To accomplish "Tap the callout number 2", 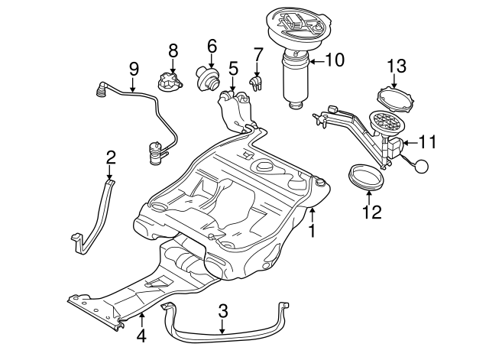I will (x=111, y=157).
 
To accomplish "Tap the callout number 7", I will (x=257, y=55).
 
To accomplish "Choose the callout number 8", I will (x=173, y=50).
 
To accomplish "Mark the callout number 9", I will (x=134, y=70).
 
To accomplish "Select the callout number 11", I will (x=427, y=141).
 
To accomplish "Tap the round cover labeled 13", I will (x=396, y=102).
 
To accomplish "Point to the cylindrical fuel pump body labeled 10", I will (x=296, y=83).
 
